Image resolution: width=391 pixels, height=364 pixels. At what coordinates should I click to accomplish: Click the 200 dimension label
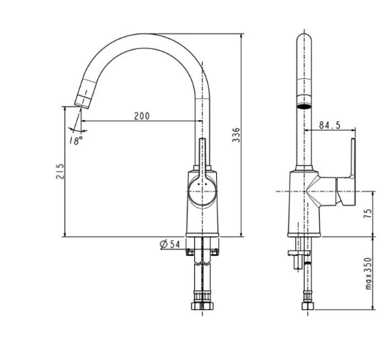pos(143,115)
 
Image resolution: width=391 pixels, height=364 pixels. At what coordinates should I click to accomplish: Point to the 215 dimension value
pos(60,171)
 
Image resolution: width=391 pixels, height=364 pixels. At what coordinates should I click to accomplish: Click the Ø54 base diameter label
pos(170,244)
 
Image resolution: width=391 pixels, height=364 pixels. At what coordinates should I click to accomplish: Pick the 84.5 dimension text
pos(328,124)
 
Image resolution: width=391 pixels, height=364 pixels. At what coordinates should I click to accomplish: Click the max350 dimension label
pos(368,272)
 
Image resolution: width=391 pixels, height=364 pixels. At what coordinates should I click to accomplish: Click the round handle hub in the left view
pos(201,192)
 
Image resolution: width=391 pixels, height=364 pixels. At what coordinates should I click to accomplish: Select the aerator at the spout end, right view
pos(304,105)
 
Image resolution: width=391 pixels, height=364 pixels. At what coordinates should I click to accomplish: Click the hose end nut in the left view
pos(201,308)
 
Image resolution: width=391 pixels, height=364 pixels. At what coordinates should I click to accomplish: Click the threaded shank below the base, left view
pos(201,278)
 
